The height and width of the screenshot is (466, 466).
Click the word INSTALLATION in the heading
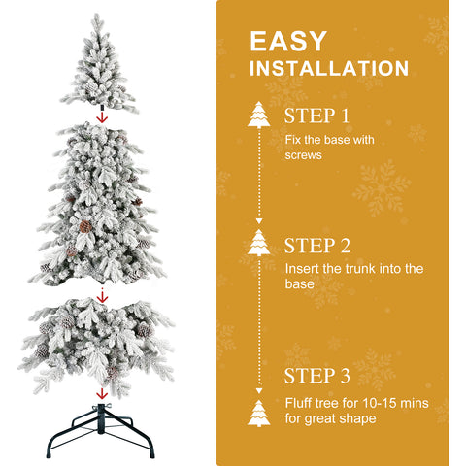[x=329, y=69]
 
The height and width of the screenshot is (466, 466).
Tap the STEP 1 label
[x=316, y=116]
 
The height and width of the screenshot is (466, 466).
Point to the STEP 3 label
[x=317, y=376]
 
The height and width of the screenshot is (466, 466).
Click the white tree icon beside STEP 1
[x=259, y=115]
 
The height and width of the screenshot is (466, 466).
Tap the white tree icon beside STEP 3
[x=259, y=413]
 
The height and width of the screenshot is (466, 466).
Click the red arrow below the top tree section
[x=101, y=117]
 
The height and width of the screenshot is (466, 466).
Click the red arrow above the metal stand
[x=100, y=393]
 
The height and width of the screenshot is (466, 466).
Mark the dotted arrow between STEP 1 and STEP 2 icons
[x=259, y=180]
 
